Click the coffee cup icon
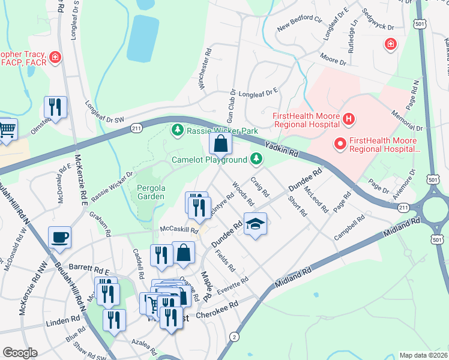(59, 238)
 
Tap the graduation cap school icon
(256, 224)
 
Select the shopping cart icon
(6, 128)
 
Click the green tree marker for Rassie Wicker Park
(177, 130)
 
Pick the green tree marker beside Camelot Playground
(256, 159)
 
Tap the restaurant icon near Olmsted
(55, 107)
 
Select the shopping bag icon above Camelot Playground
(220, 143)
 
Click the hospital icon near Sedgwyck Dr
(390, 44)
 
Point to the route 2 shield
(234, 337)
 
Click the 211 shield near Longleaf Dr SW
(137, 127)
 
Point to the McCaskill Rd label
(178, 229)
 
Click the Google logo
(20, 352)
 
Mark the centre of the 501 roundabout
(438, 211)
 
